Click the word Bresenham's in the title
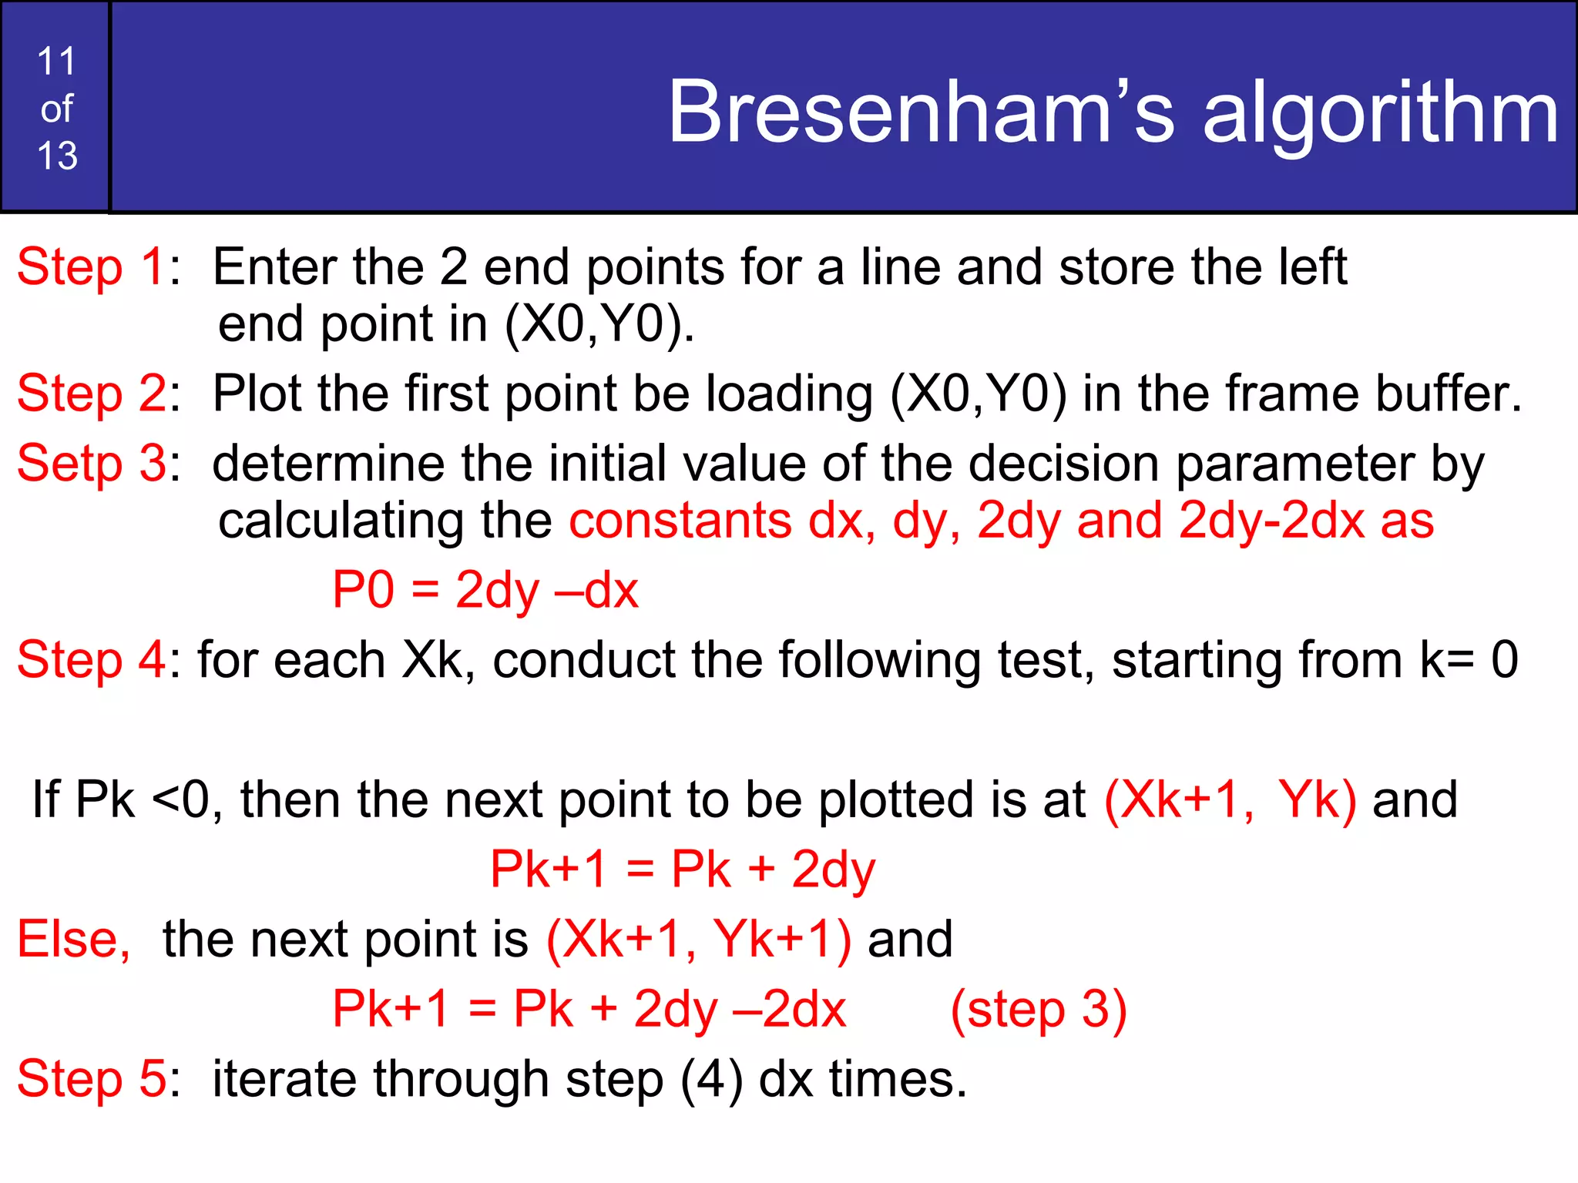coord(921,113)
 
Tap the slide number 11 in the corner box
coord(56,62)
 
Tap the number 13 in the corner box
coord(57,156)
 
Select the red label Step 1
coord(90,267)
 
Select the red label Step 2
coord(90,394)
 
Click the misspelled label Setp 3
coord(90,464)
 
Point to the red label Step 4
coord(90,660)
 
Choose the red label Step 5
coord(90,1078)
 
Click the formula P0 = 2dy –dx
coord(485,591)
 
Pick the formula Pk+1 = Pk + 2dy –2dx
coord(589,1009)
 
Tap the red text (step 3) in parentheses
coord(1039,1009)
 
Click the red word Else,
coord(74,940)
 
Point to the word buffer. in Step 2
coord(1449,394)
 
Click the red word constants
coord(680,521)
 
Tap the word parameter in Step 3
coord(1295,464)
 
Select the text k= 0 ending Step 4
coord(1469,660)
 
